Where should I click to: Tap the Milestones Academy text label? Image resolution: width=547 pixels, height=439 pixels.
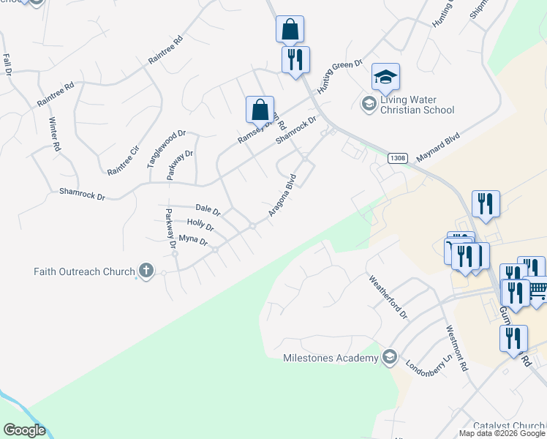(x=331, y=358)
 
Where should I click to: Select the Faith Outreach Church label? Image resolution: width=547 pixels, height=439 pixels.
(x=84, y=271)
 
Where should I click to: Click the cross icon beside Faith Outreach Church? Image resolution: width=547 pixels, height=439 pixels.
(x=146, y=271)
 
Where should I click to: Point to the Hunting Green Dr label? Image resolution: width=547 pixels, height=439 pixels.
(x=339, y=77)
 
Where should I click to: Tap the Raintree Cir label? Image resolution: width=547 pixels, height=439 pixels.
(x=123, y=160)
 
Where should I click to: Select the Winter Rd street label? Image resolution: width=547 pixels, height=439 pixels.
(x=55, y=134)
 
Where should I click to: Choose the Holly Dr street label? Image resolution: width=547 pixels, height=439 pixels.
(x=200, y=225)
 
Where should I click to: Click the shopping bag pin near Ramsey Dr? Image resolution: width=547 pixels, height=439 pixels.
(x=260, y=110)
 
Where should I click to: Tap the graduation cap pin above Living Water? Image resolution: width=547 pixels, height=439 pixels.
(x=385, y=77)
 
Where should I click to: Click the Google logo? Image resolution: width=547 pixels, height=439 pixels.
(x=24, y=430)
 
